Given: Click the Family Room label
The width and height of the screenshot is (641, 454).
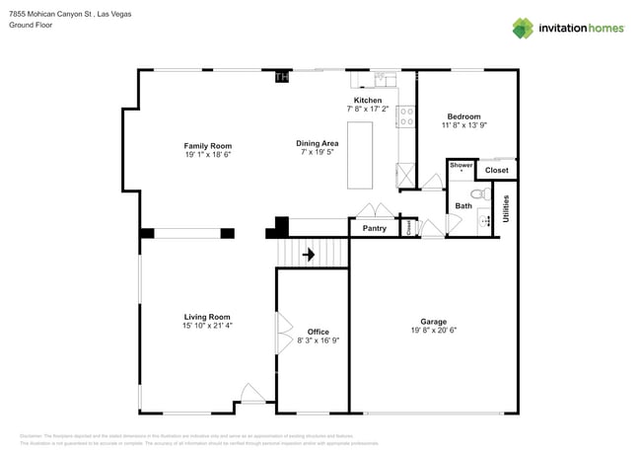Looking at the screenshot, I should tap(207, 146).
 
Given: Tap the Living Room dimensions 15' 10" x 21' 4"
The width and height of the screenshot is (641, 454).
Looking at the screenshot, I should tap(207, 325).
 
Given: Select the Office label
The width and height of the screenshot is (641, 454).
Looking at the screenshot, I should tap(318, 332).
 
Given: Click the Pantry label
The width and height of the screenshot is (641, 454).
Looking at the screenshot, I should tap(374, 228).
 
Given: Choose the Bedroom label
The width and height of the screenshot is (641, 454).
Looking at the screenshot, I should tap(463, 115).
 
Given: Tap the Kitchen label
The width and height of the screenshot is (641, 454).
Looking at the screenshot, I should tap(368, 101).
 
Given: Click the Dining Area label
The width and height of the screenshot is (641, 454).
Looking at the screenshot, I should tap(318, 143).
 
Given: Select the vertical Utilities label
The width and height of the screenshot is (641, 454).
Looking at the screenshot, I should tap(506, 207).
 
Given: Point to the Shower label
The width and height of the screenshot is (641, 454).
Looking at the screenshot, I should tap(461, 166).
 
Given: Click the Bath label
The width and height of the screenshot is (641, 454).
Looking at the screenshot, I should tap(463, 205).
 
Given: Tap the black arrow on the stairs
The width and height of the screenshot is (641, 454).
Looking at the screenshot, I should tap(309, 255).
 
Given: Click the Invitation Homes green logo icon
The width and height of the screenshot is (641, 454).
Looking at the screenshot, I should tap(522, 28).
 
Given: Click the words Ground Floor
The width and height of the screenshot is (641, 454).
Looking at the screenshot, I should tap(32, 26).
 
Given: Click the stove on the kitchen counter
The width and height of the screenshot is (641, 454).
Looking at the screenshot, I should tap(405, 116).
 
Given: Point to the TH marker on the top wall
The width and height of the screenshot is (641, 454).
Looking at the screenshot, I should tap(282, 77).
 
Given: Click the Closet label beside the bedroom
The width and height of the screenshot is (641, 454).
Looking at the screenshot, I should tap(496, 170).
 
